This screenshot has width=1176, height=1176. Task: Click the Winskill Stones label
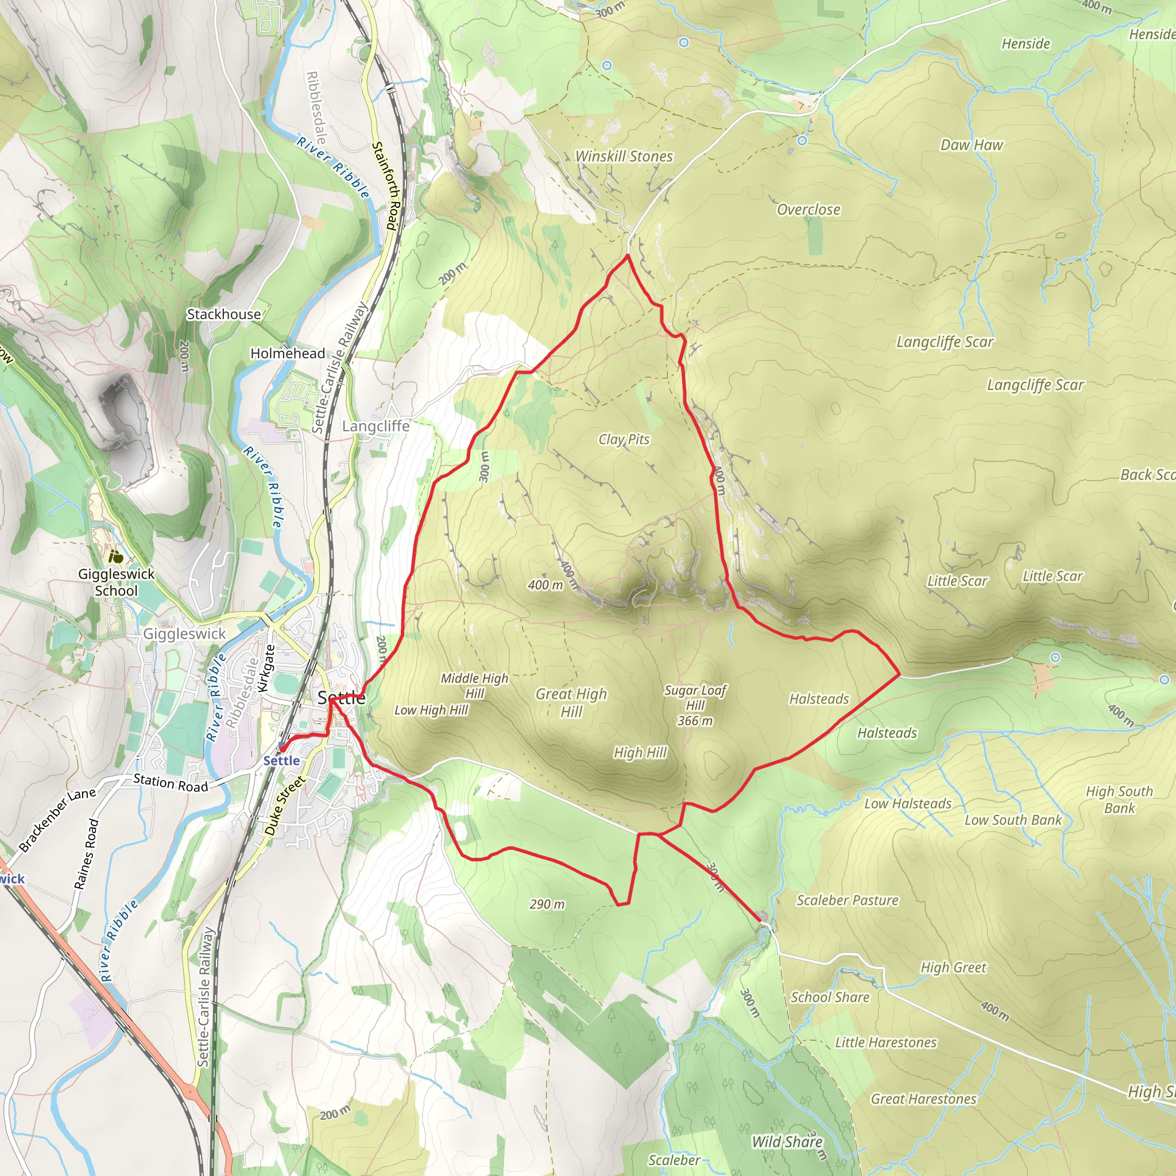click(x=624, y=156)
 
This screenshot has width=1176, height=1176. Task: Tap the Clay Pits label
click(x=624, y=439)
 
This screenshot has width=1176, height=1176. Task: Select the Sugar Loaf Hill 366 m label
click(x=695, y=706)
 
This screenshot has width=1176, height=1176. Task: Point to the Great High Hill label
click(x=571, y=702)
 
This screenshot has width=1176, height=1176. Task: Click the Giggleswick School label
click(x=116, y=582)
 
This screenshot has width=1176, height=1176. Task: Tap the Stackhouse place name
click(x=223, y=314)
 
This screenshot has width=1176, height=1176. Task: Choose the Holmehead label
click(x=288, y=354)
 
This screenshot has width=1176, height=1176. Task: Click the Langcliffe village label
click(x=376, y=426)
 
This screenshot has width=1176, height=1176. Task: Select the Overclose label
click(x=808, y=210)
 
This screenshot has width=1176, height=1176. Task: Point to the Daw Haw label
click(x=972, y=145)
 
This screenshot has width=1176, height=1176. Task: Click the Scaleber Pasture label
click(x=848, y=900)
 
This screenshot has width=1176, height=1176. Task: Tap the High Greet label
click(x=953, y=967)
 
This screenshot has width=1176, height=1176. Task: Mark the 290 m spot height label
click(x=547, y=904)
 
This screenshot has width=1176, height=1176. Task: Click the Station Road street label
click(x=171, y=783)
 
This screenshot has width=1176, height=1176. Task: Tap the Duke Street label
click(x=284, y=806)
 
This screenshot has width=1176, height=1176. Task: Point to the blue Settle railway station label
click(x=281, y=761)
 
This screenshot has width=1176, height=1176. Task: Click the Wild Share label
click(x=787, y=1142)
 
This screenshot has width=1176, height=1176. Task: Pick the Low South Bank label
click(x=1013, y=820)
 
